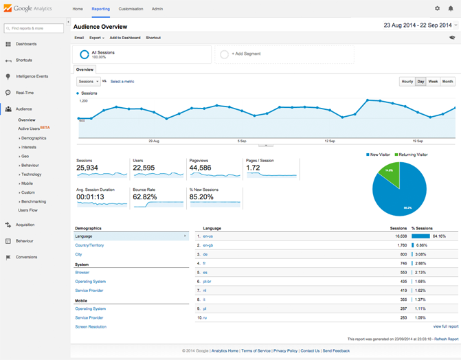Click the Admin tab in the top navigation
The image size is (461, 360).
point(157,9)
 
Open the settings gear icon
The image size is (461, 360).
point(437,9)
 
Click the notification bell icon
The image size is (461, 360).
point(451,9)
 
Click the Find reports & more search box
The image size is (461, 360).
point(34,28)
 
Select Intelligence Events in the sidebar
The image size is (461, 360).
point(32,76)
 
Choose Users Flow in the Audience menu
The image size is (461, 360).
point(28,210)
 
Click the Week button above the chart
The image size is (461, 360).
point(433,81)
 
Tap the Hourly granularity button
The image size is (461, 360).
point(407,81)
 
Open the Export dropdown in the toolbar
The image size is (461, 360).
point(96,38)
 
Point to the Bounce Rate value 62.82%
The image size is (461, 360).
point(145,196)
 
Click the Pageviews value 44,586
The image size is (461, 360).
point(200,168)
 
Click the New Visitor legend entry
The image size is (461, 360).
point(379,155)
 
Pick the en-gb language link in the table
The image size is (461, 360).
point(207,245)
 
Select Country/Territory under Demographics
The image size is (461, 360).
point(89,245)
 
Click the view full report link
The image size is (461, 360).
point(445,326)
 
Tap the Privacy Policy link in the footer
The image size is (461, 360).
point(285,350)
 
